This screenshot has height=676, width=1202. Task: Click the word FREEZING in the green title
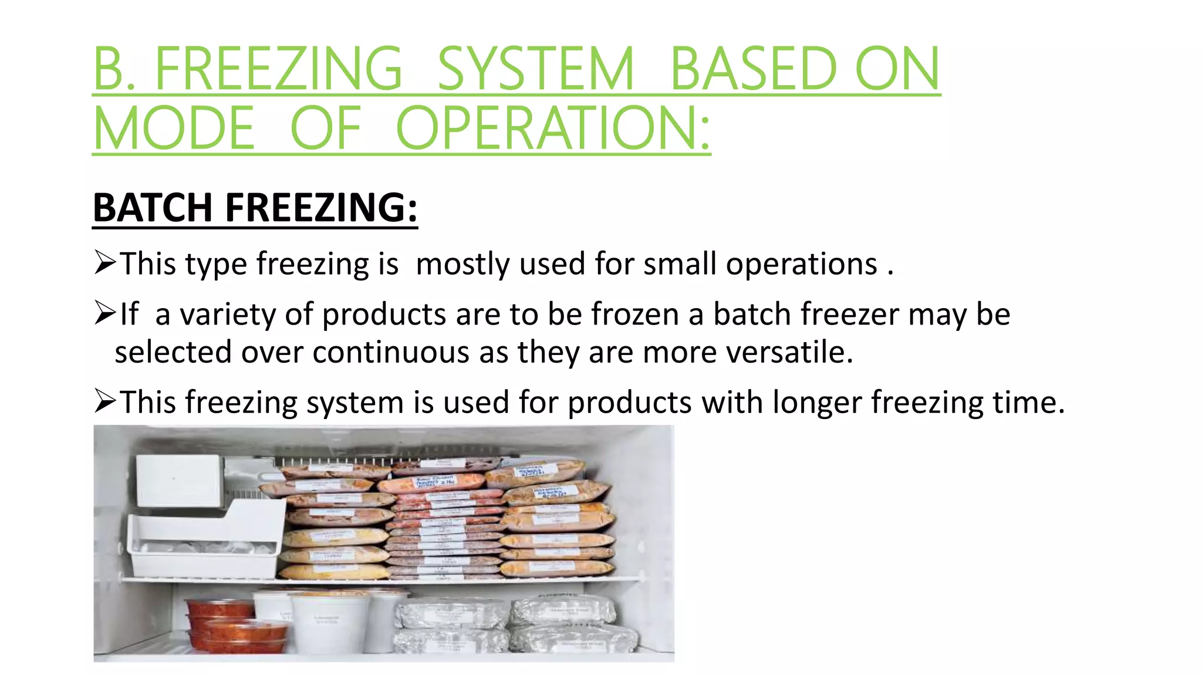coord(278,69)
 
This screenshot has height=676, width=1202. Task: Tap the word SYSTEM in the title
coord(536,69)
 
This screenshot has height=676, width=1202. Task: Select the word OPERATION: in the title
coord(553,129)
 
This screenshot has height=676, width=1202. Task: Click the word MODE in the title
coord(174,129)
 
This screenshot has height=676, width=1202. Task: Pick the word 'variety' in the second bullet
coord(228,315)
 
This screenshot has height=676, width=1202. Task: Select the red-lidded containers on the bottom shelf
coord(235,627)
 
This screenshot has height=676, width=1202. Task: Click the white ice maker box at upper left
coord(179,480)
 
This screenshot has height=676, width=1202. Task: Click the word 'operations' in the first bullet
coord(801,263)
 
